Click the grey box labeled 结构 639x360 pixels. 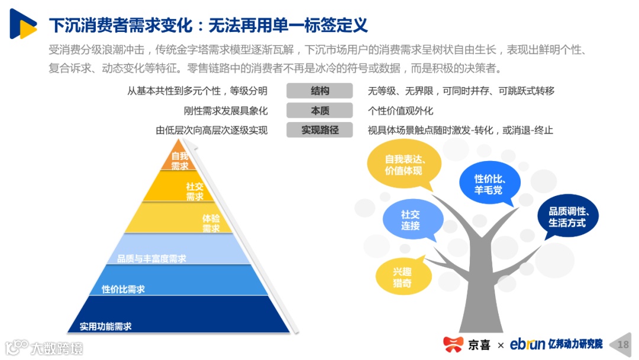coord(319,91)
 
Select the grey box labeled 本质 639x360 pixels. coord(319,111)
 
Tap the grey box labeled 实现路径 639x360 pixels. coord(319,130)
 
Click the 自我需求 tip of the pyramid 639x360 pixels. coord(179,159)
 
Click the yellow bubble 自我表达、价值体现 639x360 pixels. coord(404,164)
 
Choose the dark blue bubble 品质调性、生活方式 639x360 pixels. coord(567,217)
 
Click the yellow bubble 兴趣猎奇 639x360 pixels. coord(402,277)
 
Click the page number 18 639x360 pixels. coord(623,344)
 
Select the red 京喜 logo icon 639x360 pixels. coord(454,344)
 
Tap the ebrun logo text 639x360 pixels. coord(527,344)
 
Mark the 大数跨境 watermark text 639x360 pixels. coord(56,348)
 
